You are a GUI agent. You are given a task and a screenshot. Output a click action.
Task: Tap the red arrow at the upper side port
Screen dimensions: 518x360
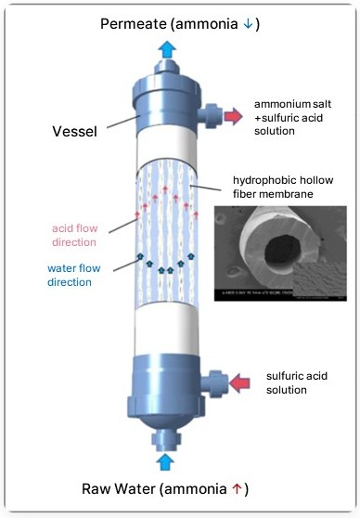(231, 116)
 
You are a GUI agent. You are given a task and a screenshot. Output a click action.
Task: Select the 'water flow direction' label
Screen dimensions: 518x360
(74, 275)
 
